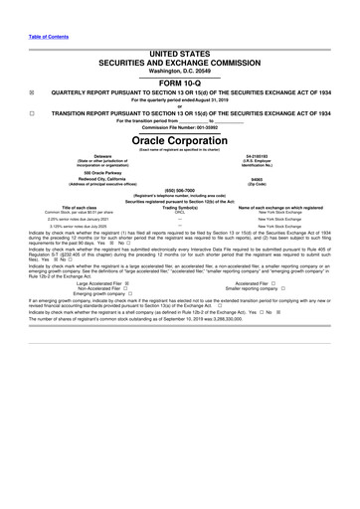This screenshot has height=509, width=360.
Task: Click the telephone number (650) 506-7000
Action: click(180, 195)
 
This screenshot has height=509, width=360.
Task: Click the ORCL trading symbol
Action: click(180, 212)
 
